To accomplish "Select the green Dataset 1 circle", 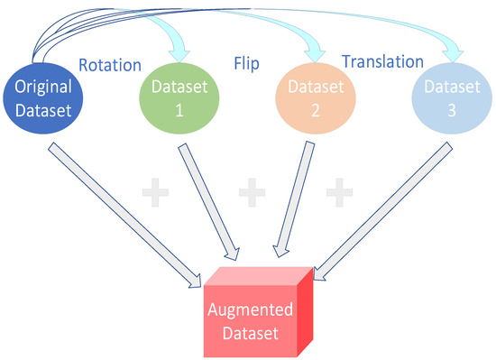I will click(x=179, y=98).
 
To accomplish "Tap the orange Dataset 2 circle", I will click(x=310, y=98).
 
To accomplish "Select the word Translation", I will click(x=381, y=62).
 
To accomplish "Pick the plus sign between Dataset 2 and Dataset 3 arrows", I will click(x=338, y=191).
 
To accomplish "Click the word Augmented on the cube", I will click(x=252, y=309).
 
